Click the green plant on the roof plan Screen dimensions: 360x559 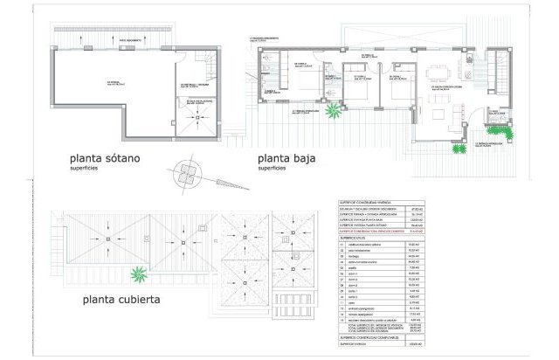[x=137, y=277]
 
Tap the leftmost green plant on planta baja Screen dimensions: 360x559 [x=333, y=112]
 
